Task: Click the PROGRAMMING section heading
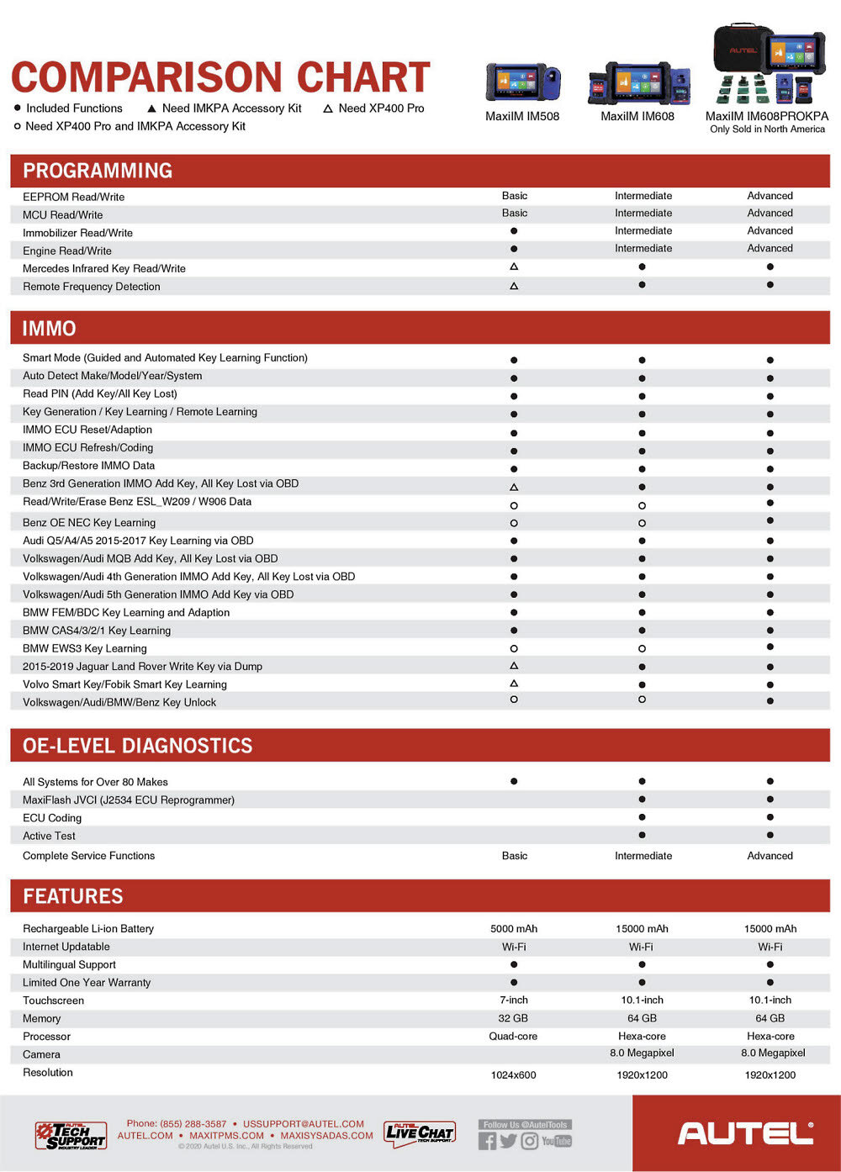tap(98, 171)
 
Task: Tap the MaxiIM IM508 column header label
tap(522, 116)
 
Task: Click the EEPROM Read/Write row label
tap(73, 197)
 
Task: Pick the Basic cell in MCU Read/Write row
tap(515, 214)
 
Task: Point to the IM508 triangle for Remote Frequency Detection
tap(514, 286)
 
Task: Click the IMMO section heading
tap(50, 329)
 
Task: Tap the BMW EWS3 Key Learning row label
tap(85, 648)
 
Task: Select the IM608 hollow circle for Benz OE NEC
tap(642, 523)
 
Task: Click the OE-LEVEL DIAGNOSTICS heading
tap(138, 746)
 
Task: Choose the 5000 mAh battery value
tap(514, 929)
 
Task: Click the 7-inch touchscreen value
tap(514, 1000)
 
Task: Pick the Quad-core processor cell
tap(514, 1037)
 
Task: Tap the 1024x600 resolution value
tap(514, 1075)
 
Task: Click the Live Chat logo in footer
tap(420, 1133)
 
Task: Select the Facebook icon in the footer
tap(487, 1141)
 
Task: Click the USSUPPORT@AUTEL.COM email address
tap(304, 1124)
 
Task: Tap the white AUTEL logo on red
tap(745, 1133)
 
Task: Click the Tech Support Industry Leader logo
tap(71, 1135)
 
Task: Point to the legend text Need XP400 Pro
tap(381, 108)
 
